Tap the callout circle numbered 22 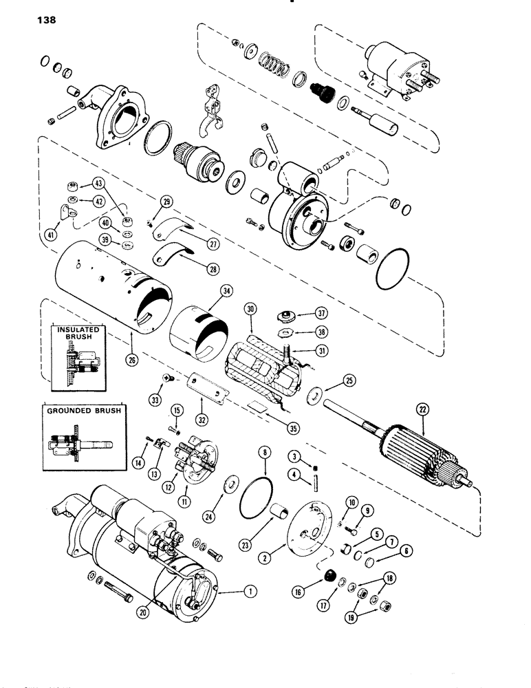(x=422, y=410)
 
